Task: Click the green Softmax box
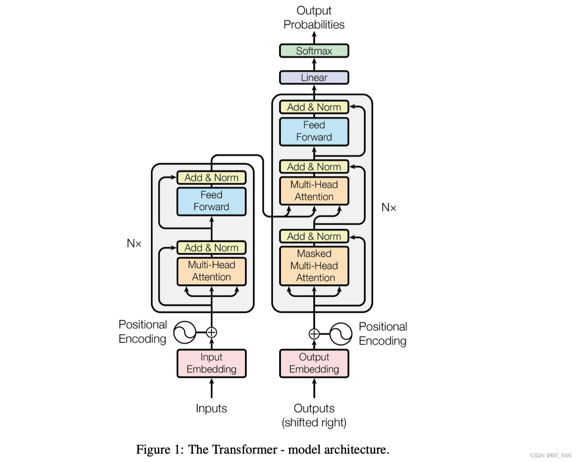[314, 50]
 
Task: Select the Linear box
[314, 77]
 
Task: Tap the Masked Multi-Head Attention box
[314, 266]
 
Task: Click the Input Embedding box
[211, 363]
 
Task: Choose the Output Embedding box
[314, 363]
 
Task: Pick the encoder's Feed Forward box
[211, 201]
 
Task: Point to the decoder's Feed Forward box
[314, 132]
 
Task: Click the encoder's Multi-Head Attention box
[211, 271]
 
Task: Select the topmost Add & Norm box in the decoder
[314, 107]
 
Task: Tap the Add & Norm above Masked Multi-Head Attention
[314, 236]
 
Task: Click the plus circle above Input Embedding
[211, 332]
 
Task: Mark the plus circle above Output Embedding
[314, 334]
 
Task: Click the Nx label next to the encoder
[134, 243]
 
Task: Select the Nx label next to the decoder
[389, 207]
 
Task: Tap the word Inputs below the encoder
[211, 408]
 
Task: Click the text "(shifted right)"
[314, 423]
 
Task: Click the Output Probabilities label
[314, 18]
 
